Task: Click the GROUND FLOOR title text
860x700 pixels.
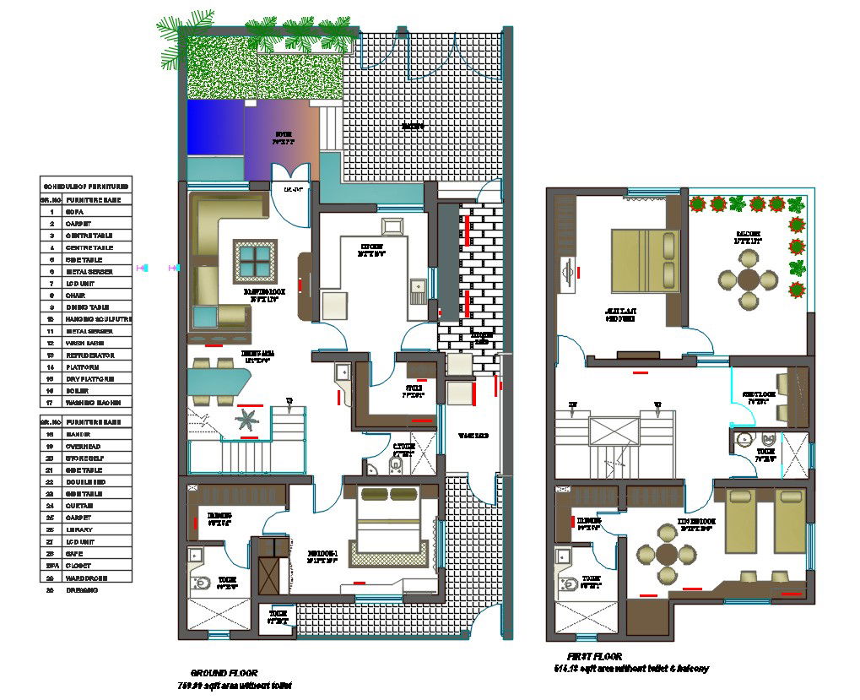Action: click(224, 673)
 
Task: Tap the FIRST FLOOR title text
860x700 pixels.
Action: click(594, 656)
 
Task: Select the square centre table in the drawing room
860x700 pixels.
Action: click(255, 260)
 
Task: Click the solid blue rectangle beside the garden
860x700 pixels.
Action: click(215, 128)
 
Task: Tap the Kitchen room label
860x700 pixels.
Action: click(371, 249)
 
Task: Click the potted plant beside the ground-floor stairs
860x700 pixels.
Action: click(249, 420)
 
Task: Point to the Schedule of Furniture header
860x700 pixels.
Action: click(84, 185)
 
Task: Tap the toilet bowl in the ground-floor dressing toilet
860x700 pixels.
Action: click(203, 584)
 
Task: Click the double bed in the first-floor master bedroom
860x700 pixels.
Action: click(644, 261)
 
